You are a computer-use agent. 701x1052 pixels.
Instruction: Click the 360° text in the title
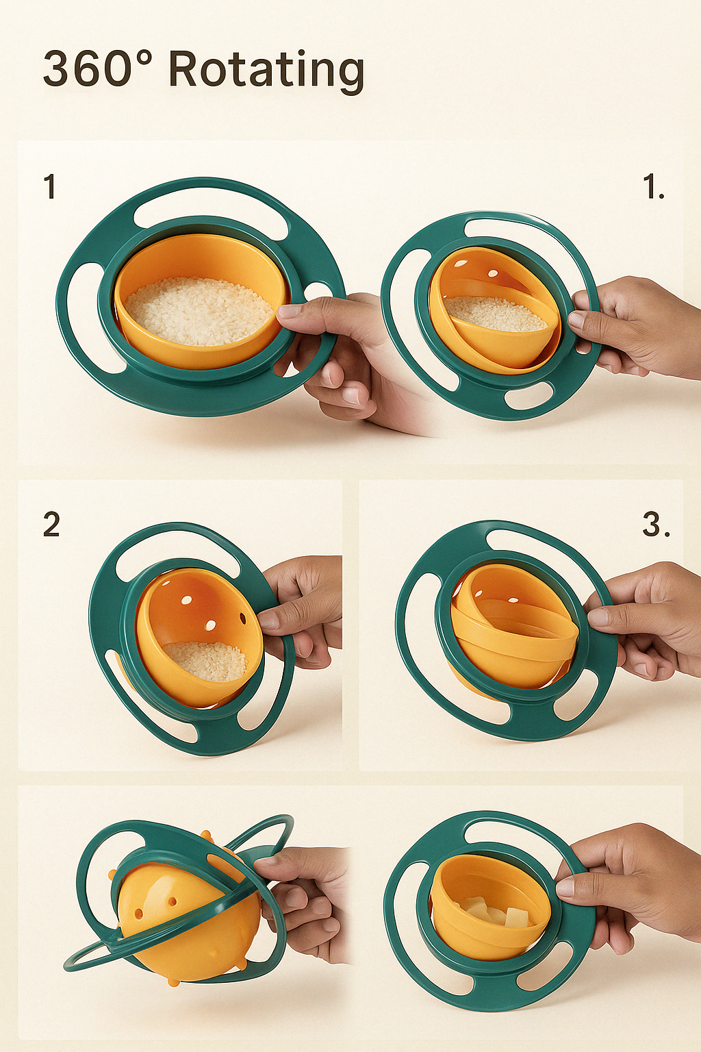point(98,68)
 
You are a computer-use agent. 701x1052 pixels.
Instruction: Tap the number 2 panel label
point(51,524)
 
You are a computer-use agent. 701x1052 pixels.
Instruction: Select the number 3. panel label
point(655,524)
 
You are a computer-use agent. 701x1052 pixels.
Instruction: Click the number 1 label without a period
point(50,186)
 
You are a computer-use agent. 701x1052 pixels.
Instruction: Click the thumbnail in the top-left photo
point(289,312)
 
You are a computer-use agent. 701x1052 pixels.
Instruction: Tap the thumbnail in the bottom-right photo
point(565,889)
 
